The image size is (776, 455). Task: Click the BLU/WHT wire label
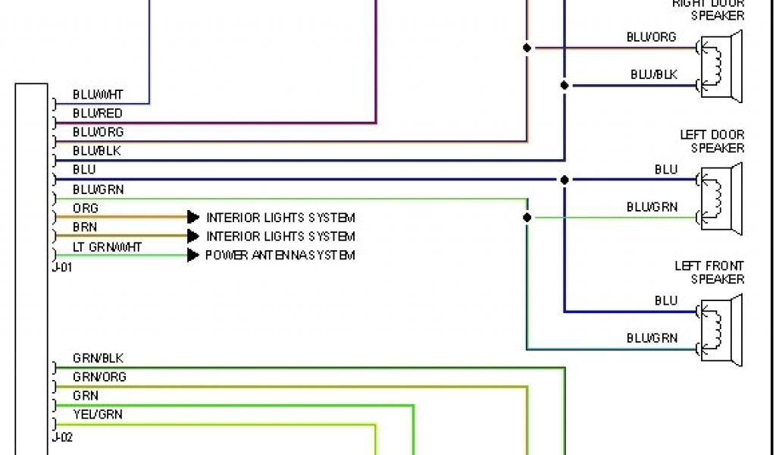click(x=98, y=95)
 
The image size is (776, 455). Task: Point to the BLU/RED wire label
click(x=97, y=114)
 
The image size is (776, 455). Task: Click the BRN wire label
click(x=85, y=227)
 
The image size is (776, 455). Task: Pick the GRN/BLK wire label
click(x=98, y=358)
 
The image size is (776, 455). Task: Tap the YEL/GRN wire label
click(x=97, y=415)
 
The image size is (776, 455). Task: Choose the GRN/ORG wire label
click(x=99, y=377)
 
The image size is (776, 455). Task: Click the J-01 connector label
click(x=62, y=266)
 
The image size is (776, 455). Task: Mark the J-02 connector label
click(x=62, y=438)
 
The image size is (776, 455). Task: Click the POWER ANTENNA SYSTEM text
click(x=280, y=256)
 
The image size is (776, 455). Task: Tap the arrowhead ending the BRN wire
click(x=193, y=237)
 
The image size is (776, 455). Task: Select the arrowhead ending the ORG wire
click(x=193, y=218)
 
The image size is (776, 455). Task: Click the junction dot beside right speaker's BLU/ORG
click(x=527, y=48)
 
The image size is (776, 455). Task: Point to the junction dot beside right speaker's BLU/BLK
click(x=565, y=86)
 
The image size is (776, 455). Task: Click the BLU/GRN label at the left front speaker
click(x=652, y=338)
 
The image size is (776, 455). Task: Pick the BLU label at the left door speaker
click(x=666, y=170)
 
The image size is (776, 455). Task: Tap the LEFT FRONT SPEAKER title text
click(x=709, y=272)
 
